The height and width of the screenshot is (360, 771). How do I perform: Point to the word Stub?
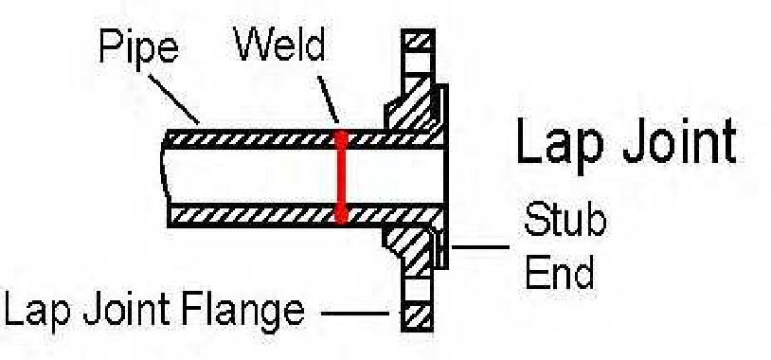(x=565, y=222)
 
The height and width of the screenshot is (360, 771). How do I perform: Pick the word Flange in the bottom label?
(x=248, y=310)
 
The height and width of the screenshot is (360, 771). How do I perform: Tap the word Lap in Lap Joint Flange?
(x=39, y=310)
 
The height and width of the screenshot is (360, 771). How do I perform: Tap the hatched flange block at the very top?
(x=418, y=43)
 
